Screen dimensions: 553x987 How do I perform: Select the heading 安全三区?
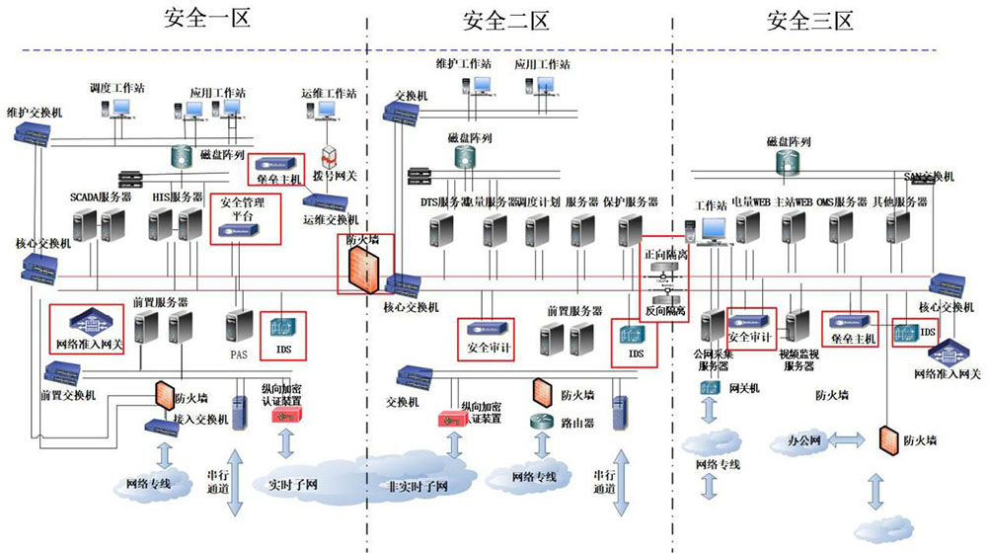[809, 20]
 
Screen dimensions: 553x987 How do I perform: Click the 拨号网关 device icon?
[330, 158]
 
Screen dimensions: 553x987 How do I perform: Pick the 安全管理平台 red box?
[245, 218]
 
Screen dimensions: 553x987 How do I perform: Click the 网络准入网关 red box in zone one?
[87, 329]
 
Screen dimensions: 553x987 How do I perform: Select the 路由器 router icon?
[541, 420]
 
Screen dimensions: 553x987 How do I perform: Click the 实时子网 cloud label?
[292, 485]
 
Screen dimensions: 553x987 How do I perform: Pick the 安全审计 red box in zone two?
[487, 339]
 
